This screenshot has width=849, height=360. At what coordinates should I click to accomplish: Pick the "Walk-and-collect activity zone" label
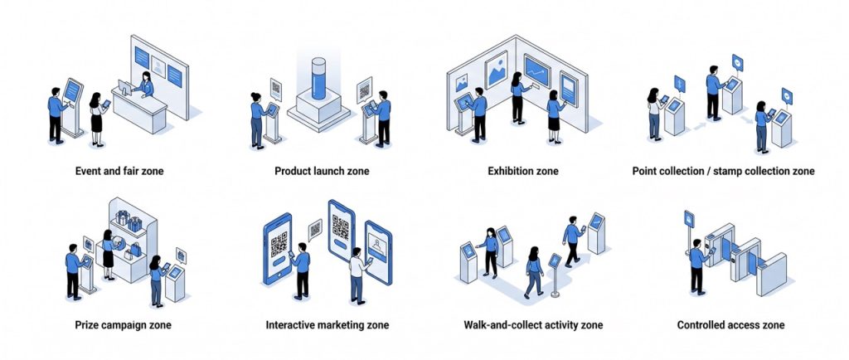533,324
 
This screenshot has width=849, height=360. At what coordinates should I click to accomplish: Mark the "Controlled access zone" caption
730,324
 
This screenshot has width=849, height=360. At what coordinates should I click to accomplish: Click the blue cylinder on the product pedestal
320,80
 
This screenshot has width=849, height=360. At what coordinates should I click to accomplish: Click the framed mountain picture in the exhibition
496,70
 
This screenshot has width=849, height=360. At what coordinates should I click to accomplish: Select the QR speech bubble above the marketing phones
315,229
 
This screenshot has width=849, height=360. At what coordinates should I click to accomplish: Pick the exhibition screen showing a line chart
536,73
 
